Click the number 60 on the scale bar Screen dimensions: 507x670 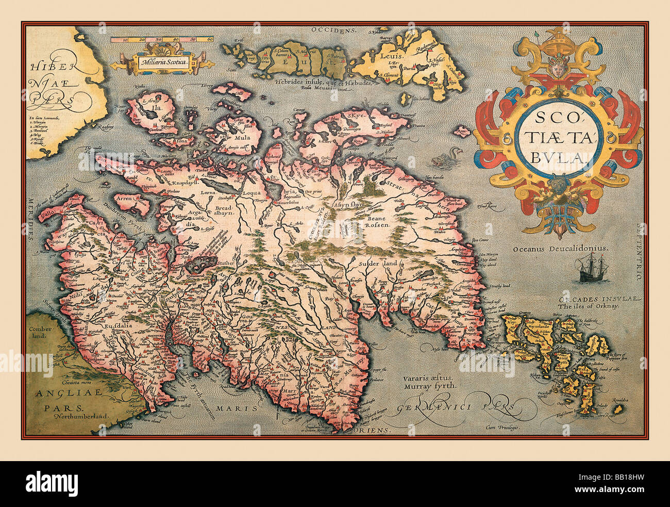(x=210, y=39)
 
